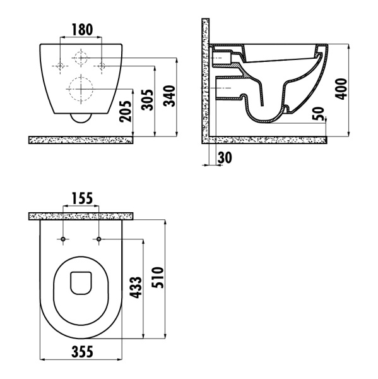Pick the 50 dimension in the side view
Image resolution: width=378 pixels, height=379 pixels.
[x=319, y=115]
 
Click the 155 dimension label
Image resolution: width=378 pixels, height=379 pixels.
[x=81, y=198]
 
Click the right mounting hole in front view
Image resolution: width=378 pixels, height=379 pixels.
[x=101, y=66]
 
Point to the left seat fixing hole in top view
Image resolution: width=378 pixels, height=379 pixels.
[x=64, y=239]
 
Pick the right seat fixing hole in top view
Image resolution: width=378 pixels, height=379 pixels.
[x=99, y=239]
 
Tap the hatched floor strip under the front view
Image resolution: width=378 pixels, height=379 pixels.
[x=81, y=140]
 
